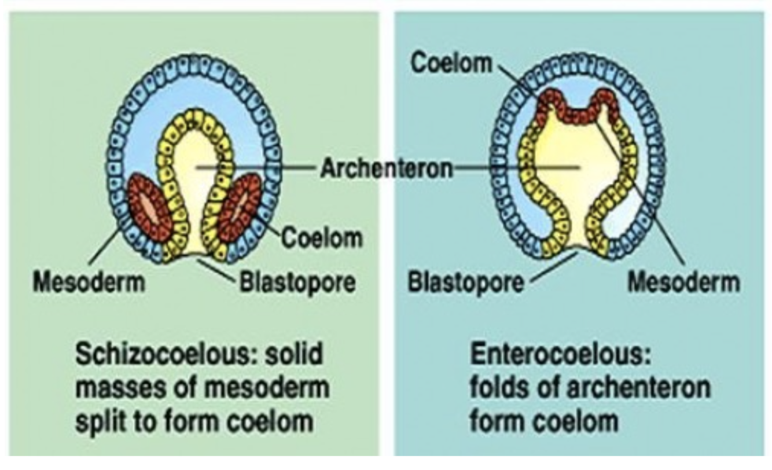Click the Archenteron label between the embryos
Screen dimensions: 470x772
click(387, 168)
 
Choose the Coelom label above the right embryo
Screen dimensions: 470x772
click(451, 63)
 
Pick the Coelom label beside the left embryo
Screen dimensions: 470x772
click(322, 237)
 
